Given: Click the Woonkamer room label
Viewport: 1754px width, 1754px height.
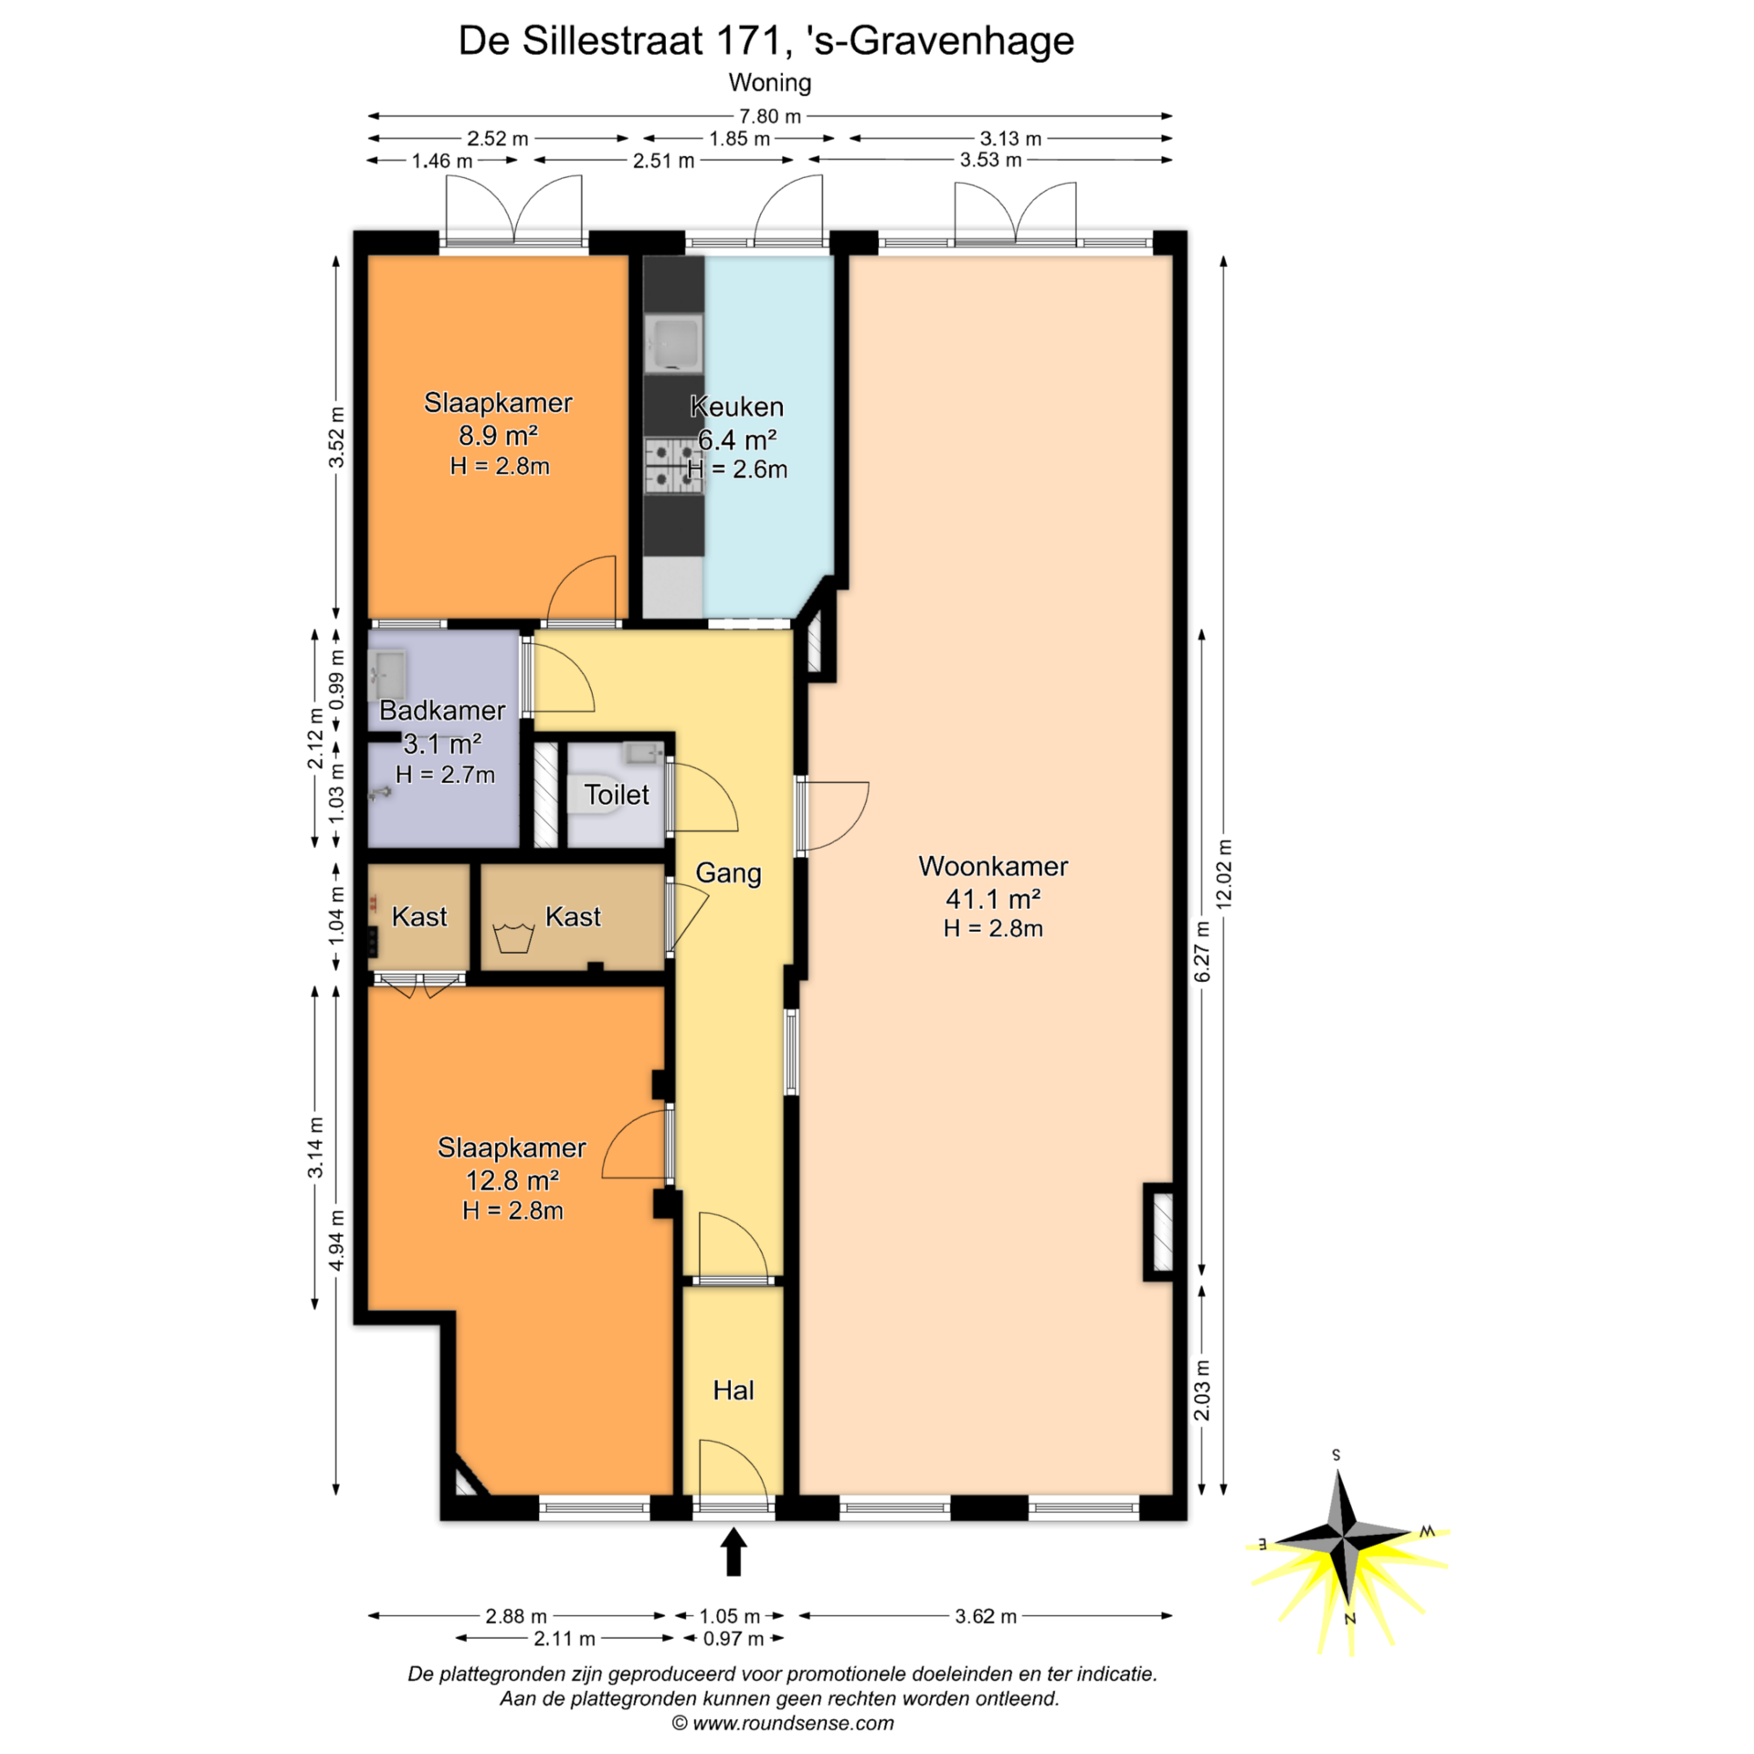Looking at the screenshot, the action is (x=993, y=866).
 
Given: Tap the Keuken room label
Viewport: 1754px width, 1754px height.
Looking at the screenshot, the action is (x=736, y=407).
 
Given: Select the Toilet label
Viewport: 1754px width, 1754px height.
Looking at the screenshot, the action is (x=617, y=795).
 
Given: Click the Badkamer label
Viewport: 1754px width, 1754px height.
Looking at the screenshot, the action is (x=442, y=710).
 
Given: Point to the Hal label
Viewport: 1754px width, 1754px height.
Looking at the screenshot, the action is (x=734, y=1390).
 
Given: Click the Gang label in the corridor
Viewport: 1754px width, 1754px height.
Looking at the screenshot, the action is (x=728, y=873).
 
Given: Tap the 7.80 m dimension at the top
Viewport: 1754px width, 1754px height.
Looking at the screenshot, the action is (x=770, y=116).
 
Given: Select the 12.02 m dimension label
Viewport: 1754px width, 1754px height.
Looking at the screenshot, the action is (x=1225, y=873).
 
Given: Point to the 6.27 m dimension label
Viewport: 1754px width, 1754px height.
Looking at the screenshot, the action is (x=1203, y=951).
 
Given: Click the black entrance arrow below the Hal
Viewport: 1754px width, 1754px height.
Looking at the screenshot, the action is (x=734, y=1551).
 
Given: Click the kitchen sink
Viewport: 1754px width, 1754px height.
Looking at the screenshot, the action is (x=673, y=344).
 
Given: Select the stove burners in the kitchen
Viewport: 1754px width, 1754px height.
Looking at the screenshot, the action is (x=674, y=466).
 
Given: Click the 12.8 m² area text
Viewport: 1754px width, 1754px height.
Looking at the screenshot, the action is (x=512, y=1180).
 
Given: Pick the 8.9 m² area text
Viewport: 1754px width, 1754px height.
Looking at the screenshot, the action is (x=498, y=435).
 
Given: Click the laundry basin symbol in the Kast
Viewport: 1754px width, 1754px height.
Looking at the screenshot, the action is (x=513, y=937).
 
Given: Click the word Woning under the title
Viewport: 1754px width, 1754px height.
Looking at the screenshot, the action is (x=770, y=82).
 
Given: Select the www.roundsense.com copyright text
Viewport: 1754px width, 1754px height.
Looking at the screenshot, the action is (x=783, y=1724).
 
